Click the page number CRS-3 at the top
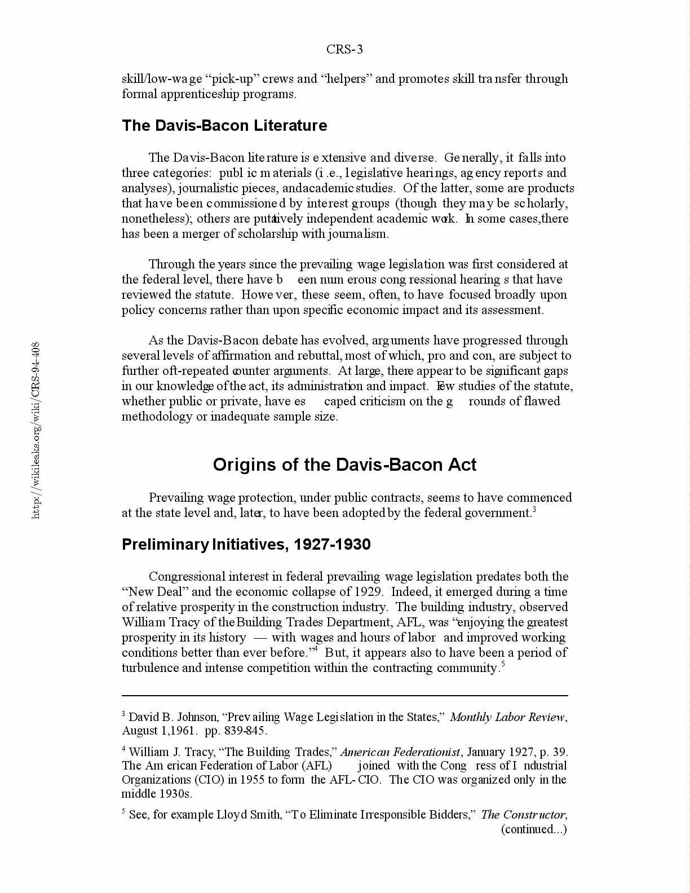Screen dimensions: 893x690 344,50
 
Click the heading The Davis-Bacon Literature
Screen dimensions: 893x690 224,125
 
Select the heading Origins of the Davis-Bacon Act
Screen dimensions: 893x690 344,465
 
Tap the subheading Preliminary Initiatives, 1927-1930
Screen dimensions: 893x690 246,545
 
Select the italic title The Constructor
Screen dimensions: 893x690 523,815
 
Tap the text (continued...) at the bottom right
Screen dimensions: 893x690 534,829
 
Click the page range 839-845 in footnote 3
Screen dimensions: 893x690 246,731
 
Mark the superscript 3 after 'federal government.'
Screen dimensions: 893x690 534,510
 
